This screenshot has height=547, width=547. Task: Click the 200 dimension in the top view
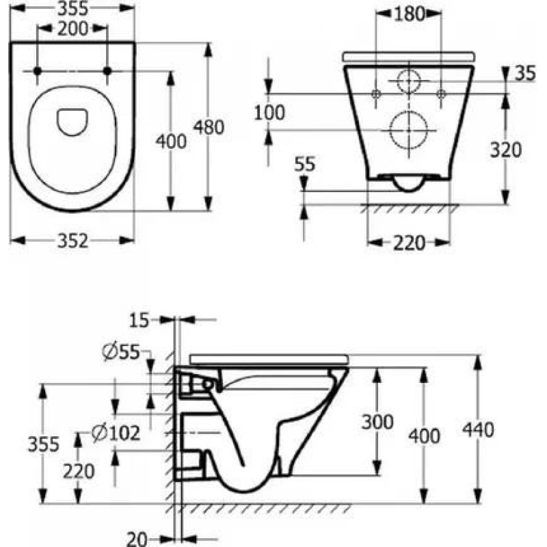(72, 29)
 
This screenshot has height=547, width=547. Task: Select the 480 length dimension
(209, 127)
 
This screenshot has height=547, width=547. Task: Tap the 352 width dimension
(72, 241)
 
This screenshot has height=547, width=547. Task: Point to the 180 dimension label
(409, 14)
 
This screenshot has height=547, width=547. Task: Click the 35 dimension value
(525, 74)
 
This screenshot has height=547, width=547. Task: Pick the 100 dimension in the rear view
(269, 113)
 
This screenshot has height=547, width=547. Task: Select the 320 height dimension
(506, 150)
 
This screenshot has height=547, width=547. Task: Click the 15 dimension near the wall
(139, 320)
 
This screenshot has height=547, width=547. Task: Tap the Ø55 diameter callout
(121, 352)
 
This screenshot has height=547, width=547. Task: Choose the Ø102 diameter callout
(116, 433)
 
